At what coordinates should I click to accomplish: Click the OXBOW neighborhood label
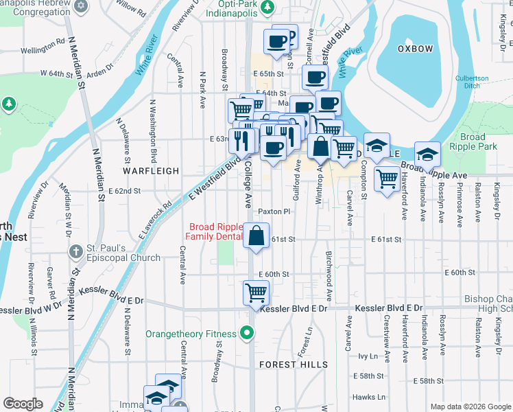click(416, 49)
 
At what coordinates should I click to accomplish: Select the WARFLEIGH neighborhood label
click(151, 170)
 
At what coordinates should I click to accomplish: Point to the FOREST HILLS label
click(284, 365)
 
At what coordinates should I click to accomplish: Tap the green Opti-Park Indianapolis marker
click(270, 6)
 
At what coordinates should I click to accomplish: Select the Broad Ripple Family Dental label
click(215, 232)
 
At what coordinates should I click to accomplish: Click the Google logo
click(23, 404)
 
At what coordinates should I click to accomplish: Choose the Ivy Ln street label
click(368, 356)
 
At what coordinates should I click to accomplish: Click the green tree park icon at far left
click(9, 104)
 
